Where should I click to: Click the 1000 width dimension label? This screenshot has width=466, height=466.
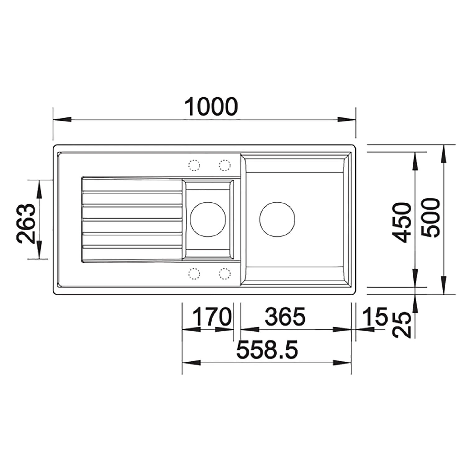211,107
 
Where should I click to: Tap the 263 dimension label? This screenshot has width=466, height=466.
26,223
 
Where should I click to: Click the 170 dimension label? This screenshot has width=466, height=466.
212,317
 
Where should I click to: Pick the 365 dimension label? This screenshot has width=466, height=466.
285,317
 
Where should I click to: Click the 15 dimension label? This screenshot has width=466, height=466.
376,317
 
